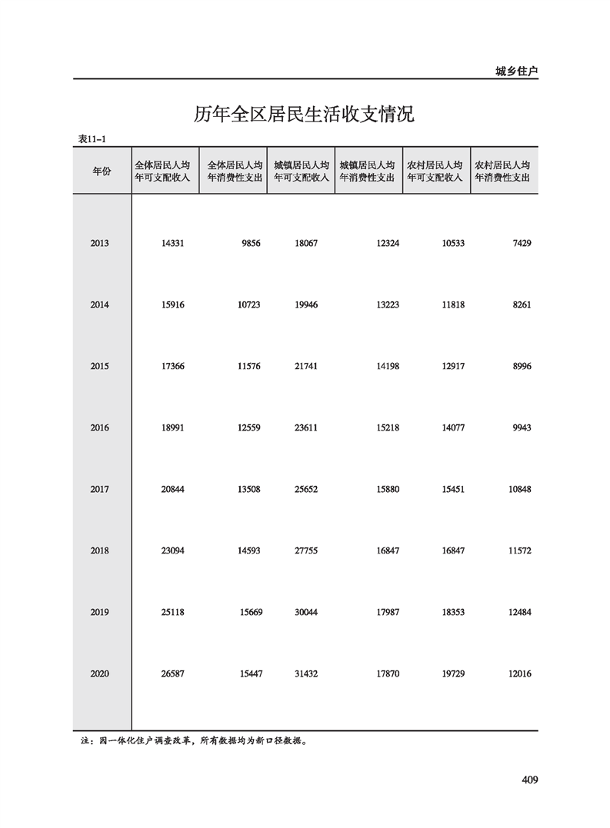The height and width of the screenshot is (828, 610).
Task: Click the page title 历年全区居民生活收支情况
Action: tap(304, 116)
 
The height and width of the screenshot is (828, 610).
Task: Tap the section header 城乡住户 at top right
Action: tap(516, 71)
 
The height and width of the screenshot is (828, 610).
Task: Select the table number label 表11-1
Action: tap(91, 139)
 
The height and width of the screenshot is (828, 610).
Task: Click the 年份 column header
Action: tap(102, 171)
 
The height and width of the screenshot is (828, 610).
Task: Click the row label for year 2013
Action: tap(99, 244)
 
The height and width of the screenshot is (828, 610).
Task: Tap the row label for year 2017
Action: tap(99, 490)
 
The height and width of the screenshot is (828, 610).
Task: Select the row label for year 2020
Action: tap(99, 674)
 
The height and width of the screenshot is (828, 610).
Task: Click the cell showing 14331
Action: tap(173, 244)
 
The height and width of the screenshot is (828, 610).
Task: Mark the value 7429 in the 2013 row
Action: tap(520, 244)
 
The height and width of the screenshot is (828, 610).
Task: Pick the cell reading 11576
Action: tap(248, 367)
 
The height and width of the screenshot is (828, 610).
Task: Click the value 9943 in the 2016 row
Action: tap(520, 428)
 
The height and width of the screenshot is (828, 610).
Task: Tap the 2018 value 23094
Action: tap(173, 551)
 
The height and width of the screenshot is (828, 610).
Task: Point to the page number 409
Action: tap(528, 780)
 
